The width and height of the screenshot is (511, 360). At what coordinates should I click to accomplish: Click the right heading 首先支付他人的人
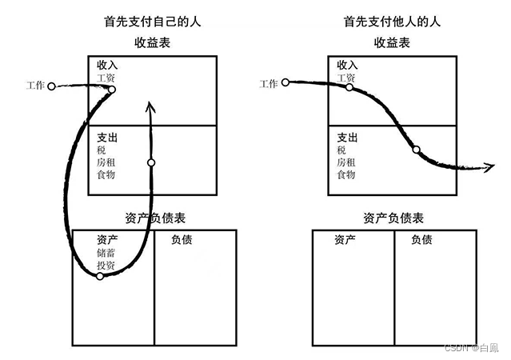pyautogui.click(x=393, y=22)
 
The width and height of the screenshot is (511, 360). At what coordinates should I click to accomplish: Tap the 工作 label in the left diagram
pyautogui.click(x=36, y=86)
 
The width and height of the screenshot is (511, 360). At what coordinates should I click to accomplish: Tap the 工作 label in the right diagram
pyautogui.click(x=269, y=82)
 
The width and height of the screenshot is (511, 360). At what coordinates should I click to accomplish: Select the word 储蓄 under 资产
pyautogui.click(x=106, y=253)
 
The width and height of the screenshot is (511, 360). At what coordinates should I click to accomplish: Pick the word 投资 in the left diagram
pyautogui.click(x=106, y=265)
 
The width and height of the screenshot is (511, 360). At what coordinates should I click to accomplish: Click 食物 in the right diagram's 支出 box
pyautogui.click(x=345, y=174)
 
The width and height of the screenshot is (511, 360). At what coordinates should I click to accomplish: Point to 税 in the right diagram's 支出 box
pyautogui.click(x=341, y=150)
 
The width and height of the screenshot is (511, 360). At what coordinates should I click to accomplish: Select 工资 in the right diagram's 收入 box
pyautogui.click(x=345, y=78)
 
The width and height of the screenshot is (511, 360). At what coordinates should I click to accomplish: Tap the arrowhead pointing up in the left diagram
pyautogui.click(x=151, y=106)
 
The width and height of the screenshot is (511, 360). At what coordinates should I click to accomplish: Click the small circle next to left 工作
pyautogui.click(x=51, y=86)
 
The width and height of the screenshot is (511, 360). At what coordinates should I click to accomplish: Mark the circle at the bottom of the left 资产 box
pyautogui.click(x=100, y=276)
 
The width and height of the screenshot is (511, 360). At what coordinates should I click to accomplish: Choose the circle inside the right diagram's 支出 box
pyautogui.click(x=416, y=149)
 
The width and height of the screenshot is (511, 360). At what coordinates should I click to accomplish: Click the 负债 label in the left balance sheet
pyautogui.click(x=182, y=239)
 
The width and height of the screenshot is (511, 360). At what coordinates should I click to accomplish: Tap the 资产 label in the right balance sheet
pyautogui.click(x=345, y=239)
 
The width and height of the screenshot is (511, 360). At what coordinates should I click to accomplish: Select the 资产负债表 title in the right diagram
pyautogui.click(x=393, y=218)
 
